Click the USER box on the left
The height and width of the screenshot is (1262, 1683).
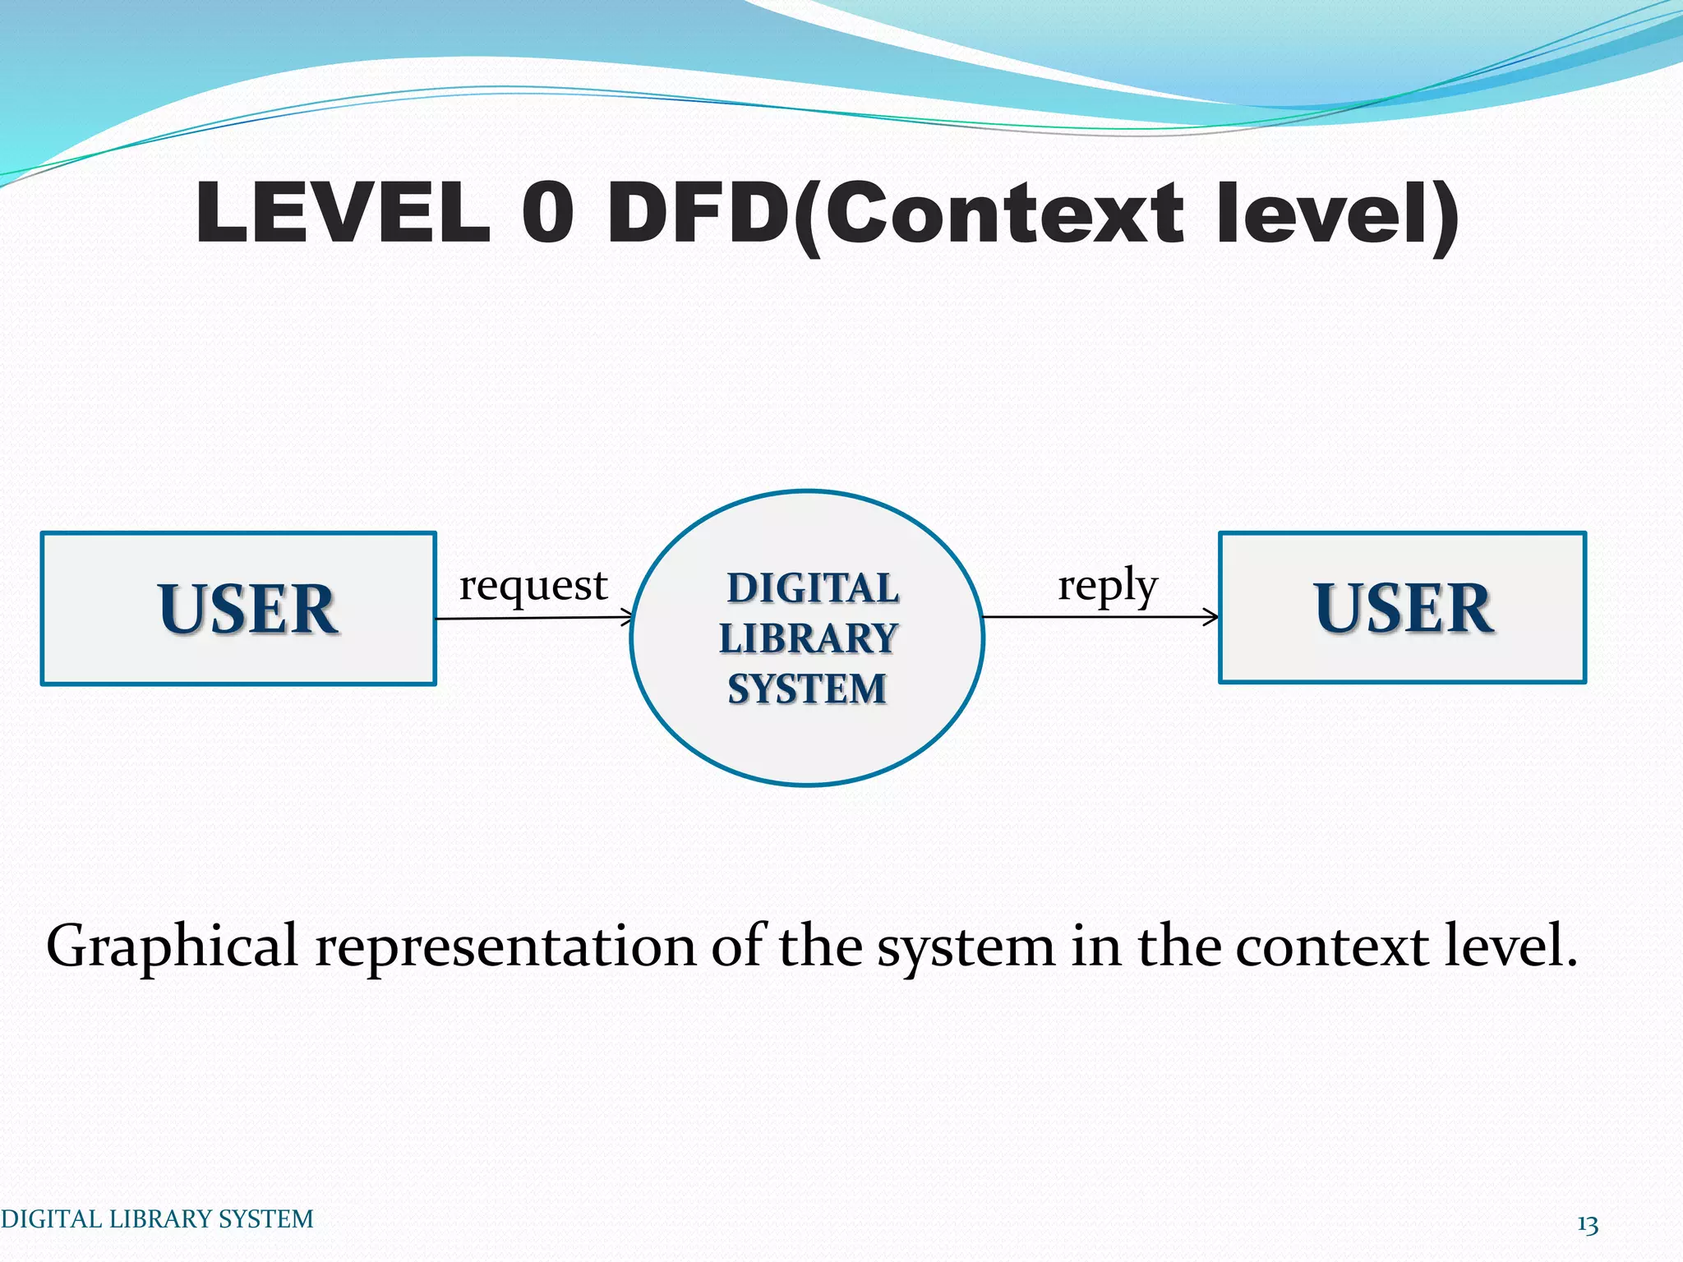[238, 608]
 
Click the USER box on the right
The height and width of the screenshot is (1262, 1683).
[1402, 607]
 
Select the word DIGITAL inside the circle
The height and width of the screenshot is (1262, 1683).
[812, 588]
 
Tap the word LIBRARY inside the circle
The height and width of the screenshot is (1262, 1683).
[808, 638]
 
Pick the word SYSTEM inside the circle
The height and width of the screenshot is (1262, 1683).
[807, 689]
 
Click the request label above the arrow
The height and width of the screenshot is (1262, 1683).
[533, 586]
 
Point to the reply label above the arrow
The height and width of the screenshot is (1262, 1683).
[1107, 586]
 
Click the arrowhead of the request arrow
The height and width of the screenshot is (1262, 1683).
[629, 617]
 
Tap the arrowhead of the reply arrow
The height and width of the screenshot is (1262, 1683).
[1213, 616]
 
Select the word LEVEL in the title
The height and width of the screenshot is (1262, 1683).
[344, 213]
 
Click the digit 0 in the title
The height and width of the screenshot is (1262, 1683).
[547, 213]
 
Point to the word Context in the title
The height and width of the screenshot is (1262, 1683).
[1003, 213]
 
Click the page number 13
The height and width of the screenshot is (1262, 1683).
[1587, 1225]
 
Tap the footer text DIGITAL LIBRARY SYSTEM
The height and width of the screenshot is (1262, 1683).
[156, 1218]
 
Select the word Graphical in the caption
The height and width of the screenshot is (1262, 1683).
[171, 946]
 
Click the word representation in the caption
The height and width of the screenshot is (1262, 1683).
[505, 946]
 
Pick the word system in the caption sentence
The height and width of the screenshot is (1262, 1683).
[966, 946]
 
